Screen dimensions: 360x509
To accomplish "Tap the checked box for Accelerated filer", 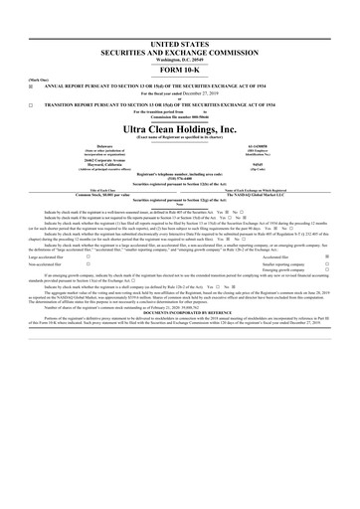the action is point(328,227).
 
